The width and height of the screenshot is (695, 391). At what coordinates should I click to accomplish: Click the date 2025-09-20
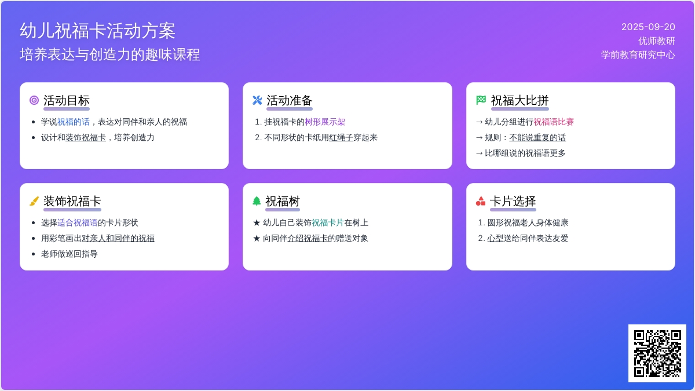tap(648, 27)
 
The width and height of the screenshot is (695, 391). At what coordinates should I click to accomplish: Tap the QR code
tap(657, 353)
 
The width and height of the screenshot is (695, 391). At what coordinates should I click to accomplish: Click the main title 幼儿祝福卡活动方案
tap(97, 31)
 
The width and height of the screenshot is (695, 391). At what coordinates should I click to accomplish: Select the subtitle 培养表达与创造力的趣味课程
tap(110, 54)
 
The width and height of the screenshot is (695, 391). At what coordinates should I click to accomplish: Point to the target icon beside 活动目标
tap(34, 101)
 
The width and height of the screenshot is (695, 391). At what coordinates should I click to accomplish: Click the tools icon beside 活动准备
tap(257, 101)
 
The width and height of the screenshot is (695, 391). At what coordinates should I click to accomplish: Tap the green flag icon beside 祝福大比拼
tap(481, 100)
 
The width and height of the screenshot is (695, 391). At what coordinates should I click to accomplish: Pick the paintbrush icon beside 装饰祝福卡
tap(34, 201)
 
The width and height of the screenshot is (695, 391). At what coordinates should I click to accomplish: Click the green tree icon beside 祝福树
tap(257, 201)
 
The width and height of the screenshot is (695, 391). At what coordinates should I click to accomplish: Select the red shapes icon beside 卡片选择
tap(481, 201)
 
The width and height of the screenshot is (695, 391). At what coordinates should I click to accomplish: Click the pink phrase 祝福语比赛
tap(554, 122)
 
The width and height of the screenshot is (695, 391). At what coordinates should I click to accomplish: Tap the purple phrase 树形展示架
tap(325, 122)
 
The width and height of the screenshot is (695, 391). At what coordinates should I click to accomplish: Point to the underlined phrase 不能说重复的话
tap(537, 137)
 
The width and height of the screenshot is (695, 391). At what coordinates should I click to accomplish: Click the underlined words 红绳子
tap(341, 137)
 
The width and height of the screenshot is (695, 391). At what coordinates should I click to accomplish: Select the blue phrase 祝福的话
tap(74, 122)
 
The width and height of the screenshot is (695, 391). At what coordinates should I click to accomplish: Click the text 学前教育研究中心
tap(638, 55)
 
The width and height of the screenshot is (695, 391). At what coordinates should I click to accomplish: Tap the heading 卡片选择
tap(513, 201)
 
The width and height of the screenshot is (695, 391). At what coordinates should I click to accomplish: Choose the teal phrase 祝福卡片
tap(328, 222)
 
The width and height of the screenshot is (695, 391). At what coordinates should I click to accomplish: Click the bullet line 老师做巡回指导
tap(69, 254)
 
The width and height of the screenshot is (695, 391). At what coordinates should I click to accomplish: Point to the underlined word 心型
tap(495, 238)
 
